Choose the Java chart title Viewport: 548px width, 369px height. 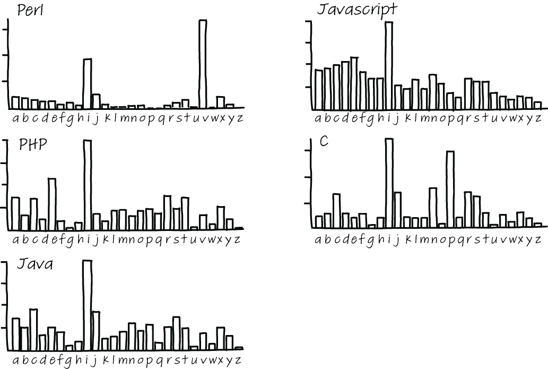[35, 264]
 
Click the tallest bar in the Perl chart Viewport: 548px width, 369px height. [202, 64]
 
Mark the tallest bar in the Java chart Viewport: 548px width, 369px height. [87, 305]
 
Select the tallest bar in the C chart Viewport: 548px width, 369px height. [389, 183]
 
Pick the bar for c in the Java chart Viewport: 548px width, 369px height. [33, 329]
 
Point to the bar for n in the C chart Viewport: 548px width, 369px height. [433, 208]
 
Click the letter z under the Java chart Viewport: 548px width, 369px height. [238, 361]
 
